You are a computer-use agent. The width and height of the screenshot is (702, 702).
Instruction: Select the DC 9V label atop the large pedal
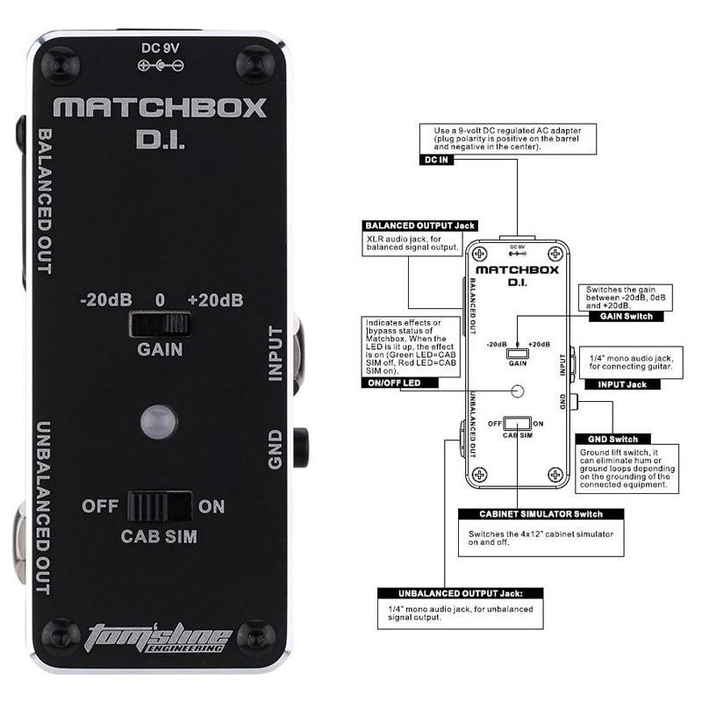160,48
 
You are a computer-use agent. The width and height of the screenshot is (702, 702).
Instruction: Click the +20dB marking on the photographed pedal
215,300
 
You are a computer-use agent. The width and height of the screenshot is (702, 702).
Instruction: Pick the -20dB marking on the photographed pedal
105,300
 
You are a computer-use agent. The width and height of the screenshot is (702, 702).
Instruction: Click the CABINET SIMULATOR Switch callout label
541,514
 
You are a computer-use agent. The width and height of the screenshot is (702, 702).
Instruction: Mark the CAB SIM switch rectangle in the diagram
517,423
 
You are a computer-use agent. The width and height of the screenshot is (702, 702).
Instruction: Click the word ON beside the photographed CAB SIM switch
211,506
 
